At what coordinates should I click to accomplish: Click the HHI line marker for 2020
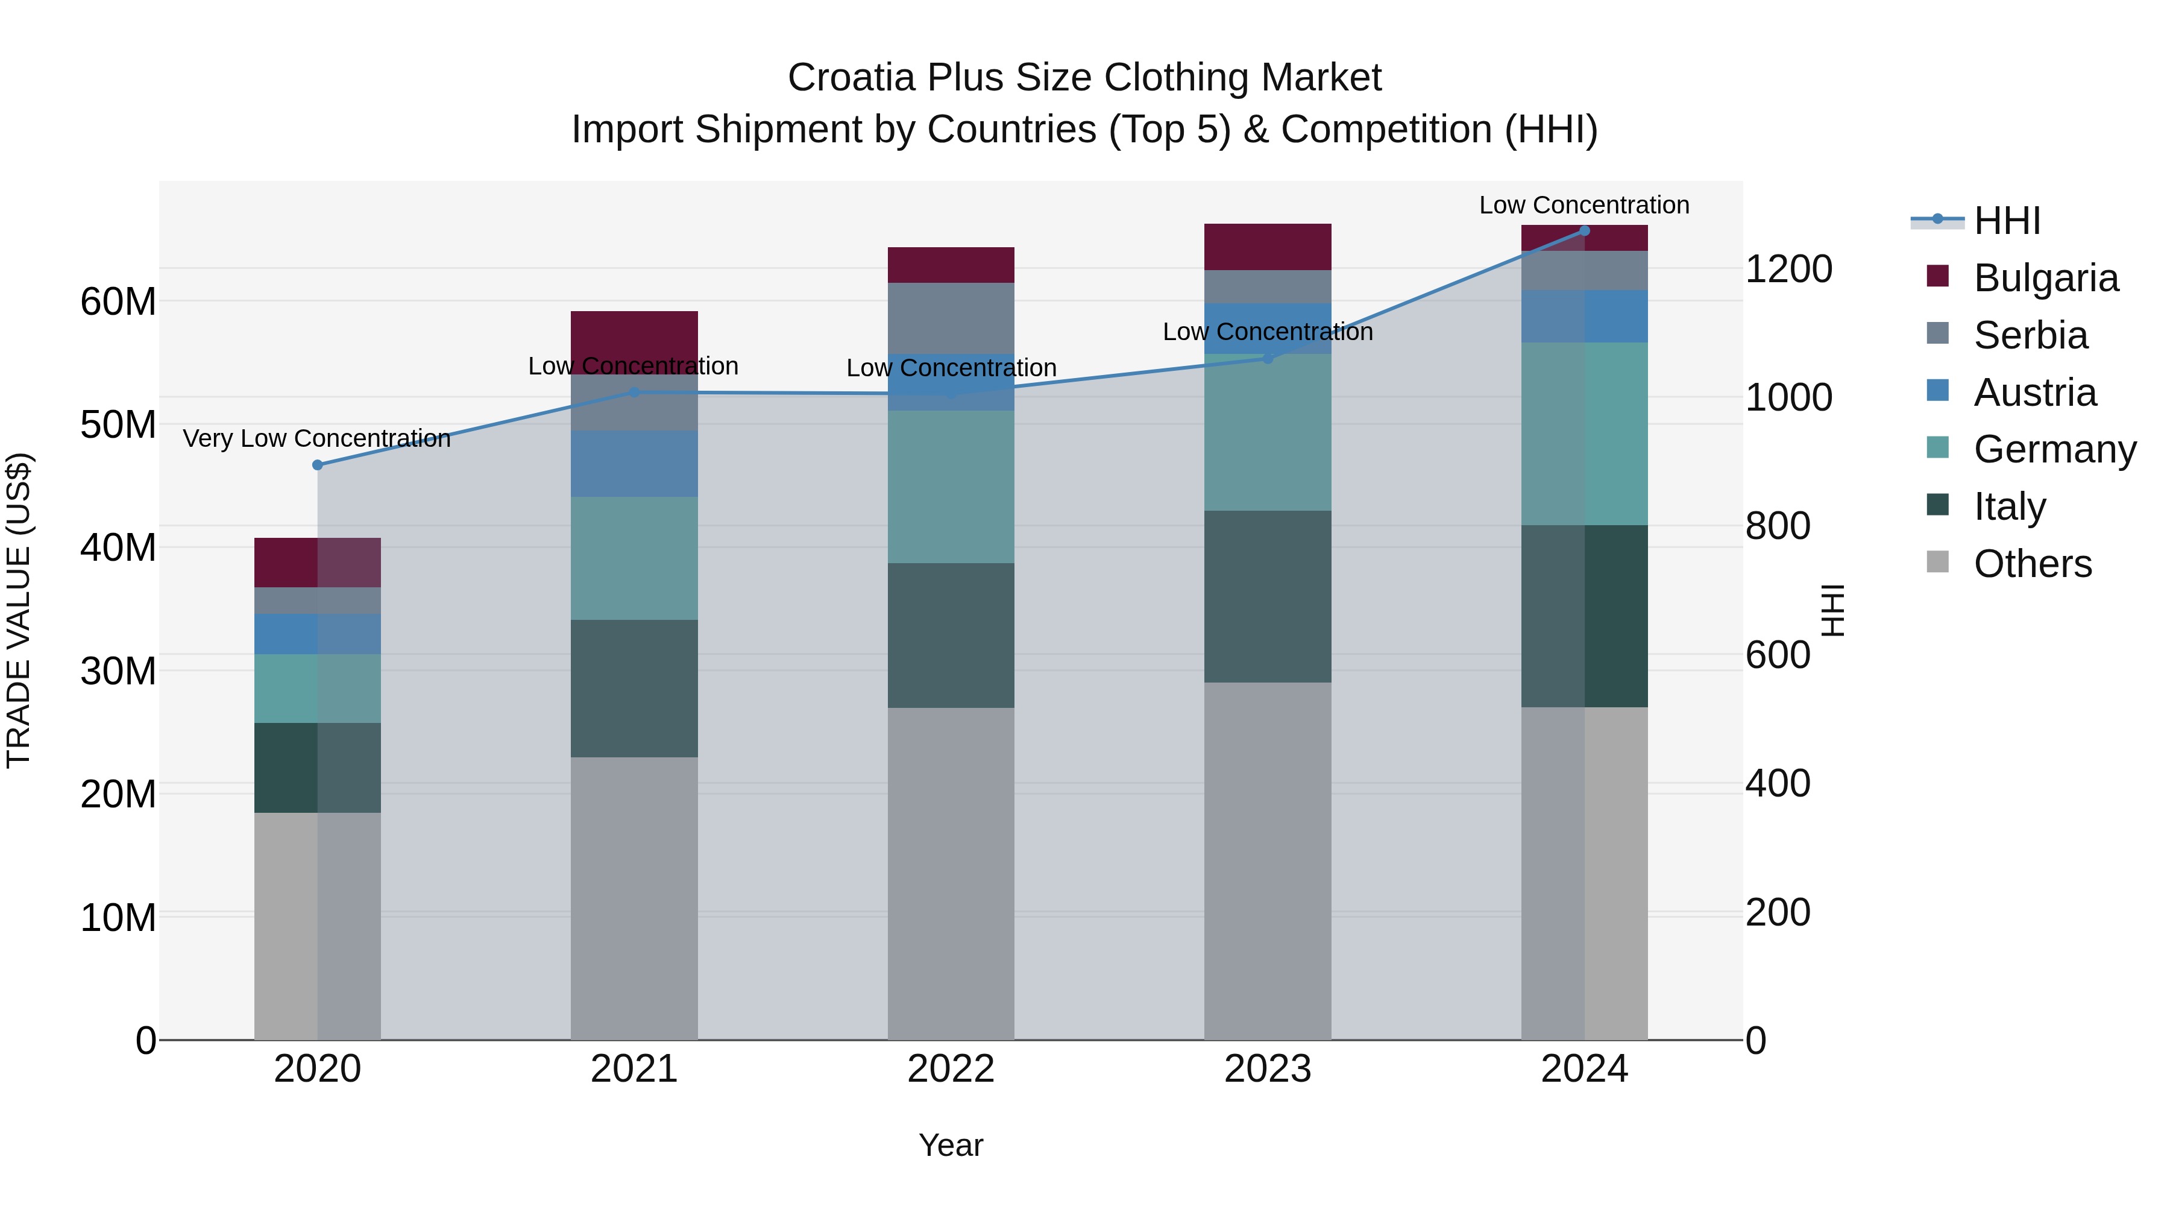[318, 465]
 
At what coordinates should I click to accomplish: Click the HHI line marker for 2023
[1267, 359]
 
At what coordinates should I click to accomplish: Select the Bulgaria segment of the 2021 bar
[634, 333]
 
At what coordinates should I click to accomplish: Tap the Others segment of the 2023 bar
[1267, 859]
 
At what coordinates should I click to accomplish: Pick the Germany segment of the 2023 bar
[1267, 432]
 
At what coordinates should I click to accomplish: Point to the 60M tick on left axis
[118, 301]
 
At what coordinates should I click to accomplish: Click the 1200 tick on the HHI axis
[1788, 270]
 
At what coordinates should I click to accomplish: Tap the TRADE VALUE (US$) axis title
[19, 610]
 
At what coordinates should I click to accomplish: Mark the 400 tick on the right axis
[1778, 784]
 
